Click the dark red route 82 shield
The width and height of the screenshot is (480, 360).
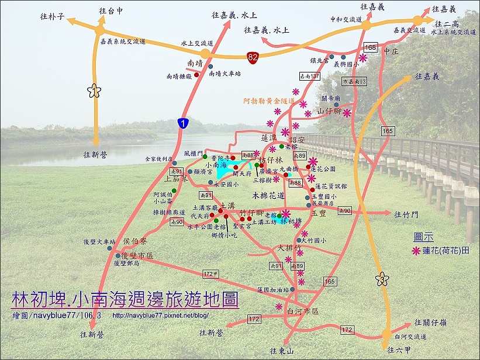(x=253, y=57)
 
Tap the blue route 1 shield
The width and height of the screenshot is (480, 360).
(x=184, y=123)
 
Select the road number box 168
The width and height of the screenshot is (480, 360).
(x=370, y=47)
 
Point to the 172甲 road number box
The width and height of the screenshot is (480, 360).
(x=212, y=274)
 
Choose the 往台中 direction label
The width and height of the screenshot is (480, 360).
(x=111, y=11)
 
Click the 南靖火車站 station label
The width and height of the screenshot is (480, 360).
(x=225, y=74)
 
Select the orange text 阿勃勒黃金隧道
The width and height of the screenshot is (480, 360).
(x=270, y=101)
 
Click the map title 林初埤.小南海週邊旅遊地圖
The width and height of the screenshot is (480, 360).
(x=125, y=300)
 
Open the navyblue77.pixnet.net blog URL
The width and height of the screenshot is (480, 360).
(x=159, y=315)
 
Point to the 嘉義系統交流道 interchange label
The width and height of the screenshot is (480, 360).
(x=122, y=42)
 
